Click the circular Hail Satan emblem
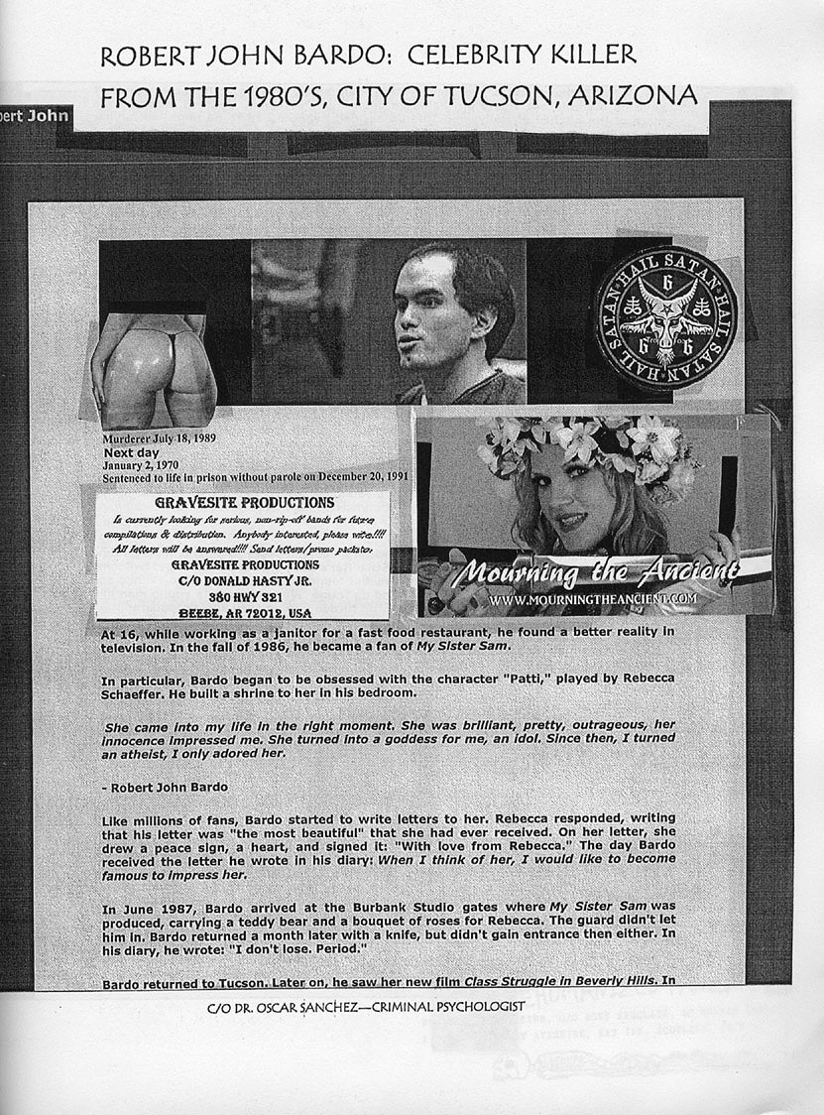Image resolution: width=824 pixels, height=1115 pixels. point(665,317)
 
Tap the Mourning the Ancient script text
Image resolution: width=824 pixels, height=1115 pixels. point(602,572)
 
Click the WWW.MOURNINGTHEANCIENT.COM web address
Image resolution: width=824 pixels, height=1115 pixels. point(593,599)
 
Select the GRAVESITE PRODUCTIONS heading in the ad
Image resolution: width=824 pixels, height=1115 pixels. point(244,503)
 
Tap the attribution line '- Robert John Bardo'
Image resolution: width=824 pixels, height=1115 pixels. point(165,787)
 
